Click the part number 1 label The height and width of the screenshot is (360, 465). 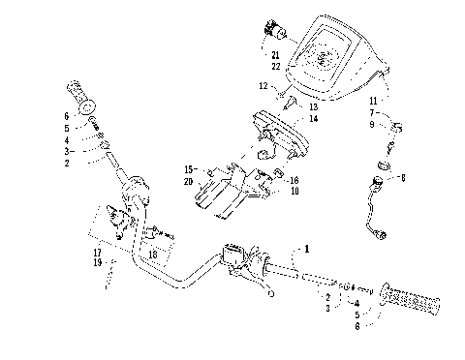click(x=309, y=249)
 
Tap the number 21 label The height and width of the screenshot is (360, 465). click(x=276, y=55)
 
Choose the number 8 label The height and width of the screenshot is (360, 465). click(x=403, y=178)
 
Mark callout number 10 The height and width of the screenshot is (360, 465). click(x=294, y=192)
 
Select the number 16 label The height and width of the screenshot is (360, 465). click(x=294, y=180)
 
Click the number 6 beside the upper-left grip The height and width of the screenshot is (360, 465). click(x=66, y=115)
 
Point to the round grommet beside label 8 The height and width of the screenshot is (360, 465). click(x=380, y=178)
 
